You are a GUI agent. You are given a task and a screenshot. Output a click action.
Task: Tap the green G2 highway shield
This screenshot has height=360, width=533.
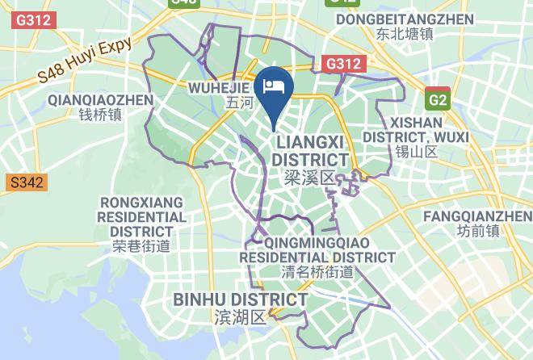tap(438, 100)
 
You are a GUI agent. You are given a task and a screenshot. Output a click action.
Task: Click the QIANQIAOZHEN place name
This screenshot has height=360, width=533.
tap(100, 100)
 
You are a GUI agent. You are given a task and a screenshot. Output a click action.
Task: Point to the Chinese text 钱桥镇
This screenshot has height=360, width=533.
tap(100, 115)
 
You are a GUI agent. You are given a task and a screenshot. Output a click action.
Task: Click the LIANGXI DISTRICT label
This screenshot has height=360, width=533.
tap(310, 151)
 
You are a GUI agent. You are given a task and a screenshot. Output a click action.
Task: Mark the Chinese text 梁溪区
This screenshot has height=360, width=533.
tap(309, 176)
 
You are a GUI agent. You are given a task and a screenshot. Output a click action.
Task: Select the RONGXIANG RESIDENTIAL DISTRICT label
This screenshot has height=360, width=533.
tap(141, 216)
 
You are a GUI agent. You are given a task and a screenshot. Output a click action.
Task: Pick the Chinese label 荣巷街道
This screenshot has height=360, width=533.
tap(141, 246)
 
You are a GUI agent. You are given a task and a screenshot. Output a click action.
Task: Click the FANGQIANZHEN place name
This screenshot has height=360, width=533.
tap(477, 216)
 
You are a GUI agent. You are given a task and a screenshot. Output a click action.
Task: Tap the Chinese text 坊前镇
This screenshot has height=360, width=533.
tap(477, 231)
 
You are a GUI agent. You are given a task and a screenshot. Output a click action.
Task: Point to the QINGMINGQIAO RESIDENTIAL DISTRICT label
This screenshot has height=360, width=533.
tap(317, 249)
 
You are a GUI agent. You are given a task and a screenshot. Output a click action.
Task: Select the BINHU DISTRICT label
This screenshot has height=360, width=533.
tap(241, 300)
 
